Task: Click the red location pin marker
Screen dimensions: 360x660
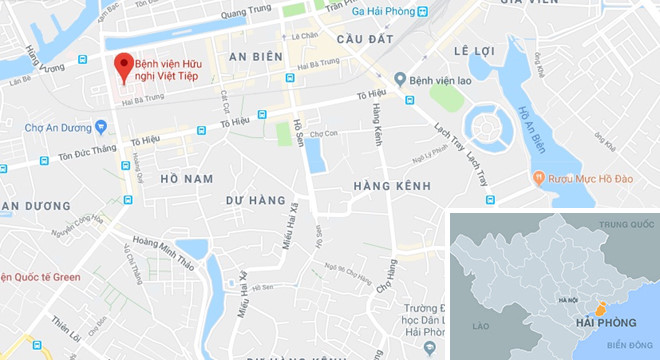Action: (x=124, y=66)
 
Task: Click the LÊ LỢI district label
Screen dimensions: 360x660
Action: (x=474, y=49)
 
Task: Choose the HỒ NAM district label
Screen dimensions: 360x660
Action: (x=187, y=178)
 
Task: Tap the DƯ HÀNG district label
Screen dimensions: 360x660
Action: (x=255, y=201)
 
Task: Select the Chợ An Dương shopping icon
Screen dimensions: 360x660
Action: (x=101, y=127)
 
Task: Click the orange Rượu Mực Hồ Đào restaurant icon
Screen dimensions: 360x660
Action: (x=539, y=179)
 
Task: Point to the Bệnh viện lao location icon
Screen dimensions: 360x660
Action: (x=400, y=78)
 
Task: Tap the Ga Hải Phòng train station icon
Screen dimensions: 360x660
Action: (x=423, y=12)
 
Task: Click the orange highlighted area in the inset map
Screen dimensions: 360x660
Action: (x=600, y=304)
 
